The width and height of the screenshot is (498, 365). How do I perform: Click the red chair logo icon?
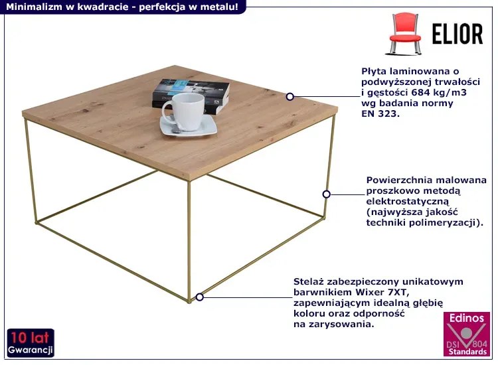click(x=404, y=33)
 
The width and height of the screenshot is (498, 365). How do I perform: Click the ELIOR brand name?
click(x=457, y=34)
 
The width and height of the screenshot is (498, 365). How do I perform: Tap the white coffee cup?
click(x=183, y=111)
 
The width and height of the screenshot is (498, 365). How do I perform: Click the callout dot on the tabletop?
click(x=290, y=96)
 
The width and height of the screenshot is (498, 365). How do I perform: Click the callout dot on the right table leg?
click(x=326, y=194)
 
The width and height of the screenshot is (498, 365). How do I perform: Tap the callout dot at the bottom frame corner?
click(x=199, y=297)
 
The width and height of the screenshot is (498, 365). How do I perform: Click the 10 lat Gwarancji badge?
click(x=31, y=343)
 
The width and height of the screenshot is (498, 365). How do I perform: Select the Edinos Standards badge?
click(x=467, y=334)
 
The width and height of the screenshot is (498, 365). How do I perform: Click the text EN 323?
click(x=380, y=113)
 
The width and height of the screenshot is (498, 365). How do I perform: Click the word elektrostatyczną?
click(x=408, y=201)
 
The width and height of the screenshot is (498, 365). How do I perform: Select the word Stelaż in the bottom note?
click(x=307, y=281)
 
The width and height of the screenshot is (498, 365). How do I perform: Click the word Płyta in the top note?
click(x=373, y=72)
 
